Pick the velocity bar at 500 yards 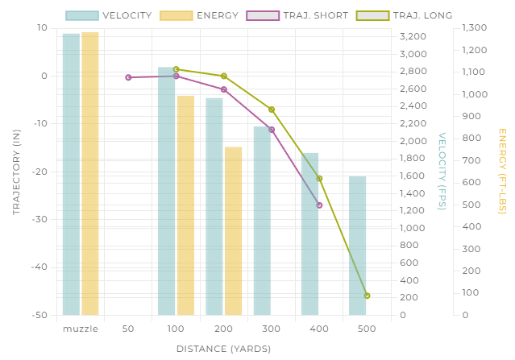(x=357, y=245)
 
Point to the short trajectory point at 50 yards (x=128, y=77)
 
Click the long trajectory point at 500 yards (x=367, y=296)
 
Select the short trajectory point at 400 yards (x=319, y=205)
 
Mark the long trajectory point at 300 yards (x=272, y=110)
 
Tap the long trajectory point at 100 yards (x=176, y=69)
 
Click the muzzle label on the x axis (x=81, y=329)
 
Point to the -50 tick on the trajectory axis (x=39, y=315)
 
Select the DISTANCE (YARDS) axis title (x=223, y=349)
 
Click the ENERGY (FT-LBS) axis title (x=501, y=171)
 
